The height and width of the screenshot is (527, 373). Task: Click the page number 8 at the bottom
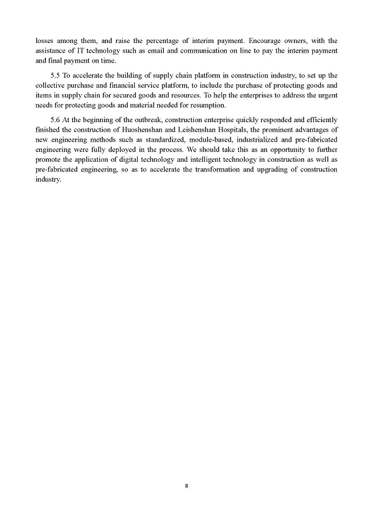(x=187, y=485)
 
